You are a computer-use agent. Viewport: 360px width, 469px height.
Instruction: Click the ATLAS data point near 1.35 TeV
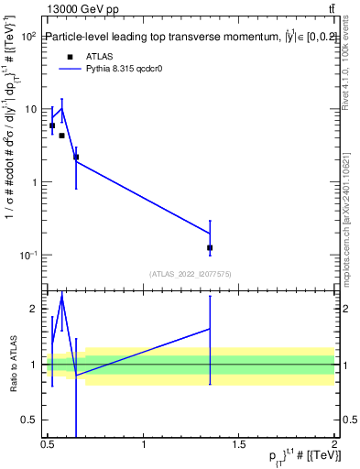tap(210, 247)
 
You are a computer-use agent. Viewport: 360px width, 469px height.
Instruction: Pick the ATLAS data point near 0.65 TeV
tap(76, 157)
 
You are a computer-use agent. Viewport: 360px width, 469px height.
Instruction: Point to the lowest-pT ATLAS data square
tap(52, 125)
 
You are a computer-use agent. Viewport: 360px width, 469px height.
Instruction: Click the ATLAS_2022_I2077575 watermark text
tap(190, 274)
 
